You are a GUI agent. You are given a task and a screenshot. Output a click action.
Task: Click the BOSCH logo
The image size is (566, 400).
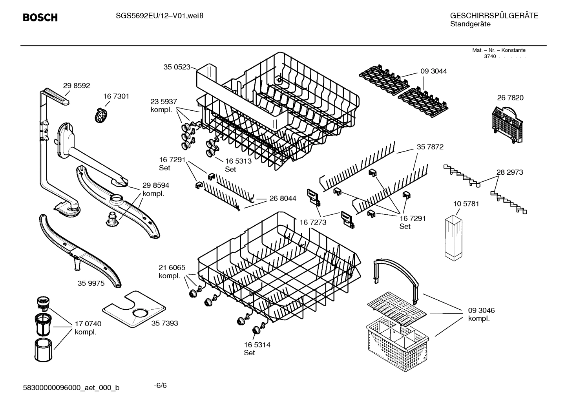(40, 18)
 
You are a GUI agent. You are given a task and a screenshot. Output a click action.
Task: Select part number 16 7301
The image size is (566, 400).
(116, 96)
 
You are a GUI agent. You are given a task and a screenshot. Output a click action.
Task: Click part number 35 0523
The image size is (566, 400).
(177, 67)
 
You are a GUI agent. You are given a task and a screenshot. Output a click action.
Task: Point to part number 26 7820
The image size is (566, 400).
(510, 98)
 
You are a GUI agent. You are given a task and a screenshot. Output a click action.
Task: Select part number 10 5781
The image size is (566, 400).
(466, 204)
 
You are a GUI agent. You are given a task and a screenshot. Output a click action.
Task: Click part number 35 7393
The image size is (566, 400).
(164, 323)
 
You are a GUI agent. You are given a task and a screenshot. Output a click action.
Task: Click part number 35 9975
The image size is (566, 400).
(91, 283)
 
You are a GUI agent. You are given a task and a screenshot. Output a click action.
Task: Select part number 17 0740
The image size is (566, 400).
(88, 324)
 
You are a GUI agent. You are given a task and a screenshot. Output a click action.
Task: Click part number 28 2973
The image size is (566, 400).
(509, 172)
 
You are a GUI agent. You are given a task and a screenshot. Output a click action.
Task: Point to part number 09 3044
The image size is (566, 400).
(433, 71)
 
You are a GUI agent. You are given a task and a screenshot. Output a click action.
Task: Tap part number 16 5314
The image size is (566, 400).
(257, 345)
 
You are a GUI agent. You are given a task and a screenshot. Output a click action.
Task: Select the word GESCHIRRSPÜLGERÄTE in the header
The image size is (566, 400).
(494, 16)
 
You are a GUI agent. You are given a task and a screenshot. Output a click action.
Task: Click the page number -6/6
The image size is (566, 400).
(160, 385)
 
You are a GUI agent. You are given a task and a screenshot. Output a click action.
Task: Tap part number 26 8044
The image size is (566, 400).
(283, 199)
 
